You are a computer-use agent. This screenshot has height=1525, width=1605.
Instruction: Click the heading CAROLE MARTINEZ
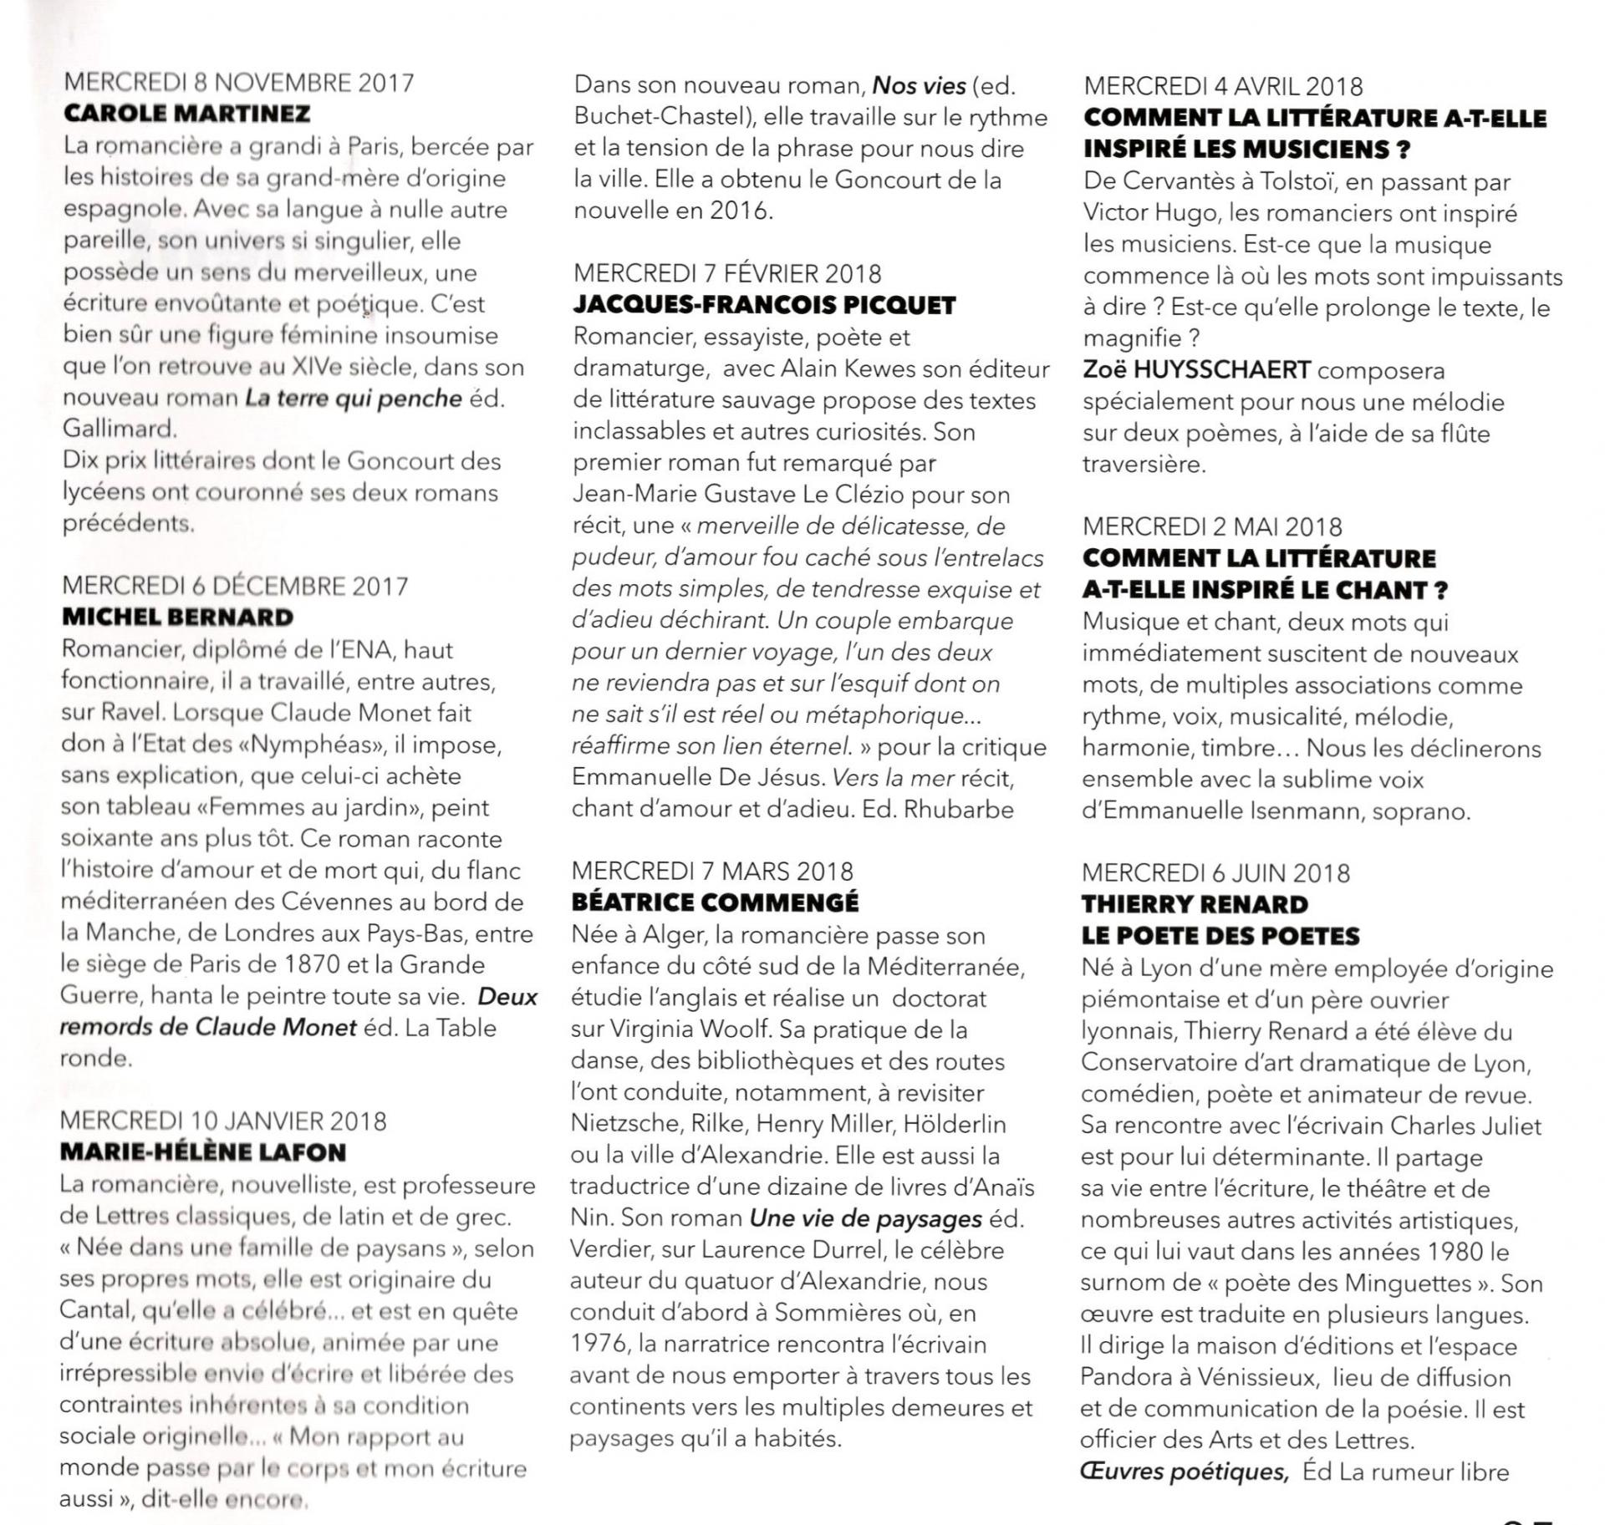186,114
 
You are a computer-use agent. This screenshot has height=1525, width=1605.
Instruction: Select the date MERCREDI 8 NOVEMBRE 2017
238,83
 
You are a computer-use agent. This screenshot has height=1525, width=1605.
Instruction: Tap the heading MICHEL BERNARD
177,618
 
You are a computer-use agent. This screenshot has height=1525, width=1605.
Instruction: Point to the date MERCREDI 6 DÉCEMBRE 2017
235,586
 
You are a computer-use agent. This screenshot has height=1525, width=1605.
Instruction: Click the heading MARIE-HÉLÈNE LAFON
203,1152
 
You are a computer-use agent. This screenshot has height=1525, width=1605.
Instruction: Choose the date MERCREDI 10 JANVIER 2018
223,1121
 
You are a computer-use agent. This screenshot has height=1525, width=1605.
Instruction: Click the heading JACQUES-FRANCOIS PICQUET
764,305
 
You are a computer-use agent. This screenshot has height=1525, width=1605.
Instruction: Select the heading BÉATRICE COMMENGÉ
715,902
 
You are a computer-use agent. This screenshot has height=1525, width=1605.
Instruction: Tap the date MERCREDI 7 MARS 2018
712,871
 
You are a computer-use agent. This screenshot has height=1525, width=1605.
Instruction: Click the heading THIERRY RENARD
1195,904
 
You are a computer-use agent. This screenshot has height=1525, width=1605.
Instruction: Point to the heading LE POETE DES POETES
1220,936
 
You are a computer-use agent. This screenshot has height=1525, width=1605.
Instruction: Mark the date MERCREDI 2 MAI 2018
1212,526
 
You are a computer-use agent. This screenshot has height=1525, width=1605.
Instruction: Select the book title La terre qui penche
353,399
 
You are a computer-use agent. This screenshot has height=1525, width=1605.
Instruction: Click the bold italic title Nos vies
919,85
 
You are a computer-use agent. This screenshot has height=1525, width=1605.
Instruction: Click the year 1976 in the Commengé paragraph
599,1344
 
